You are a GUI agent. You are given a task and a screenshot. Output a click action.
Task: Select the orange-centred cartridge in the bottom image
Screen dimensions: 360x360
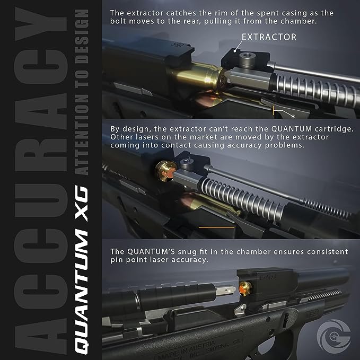click(x=244, y=289)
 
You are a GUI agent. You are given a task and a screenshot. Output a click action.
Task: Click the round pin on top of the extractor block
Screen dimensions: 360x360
click(x=245, y=54)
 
